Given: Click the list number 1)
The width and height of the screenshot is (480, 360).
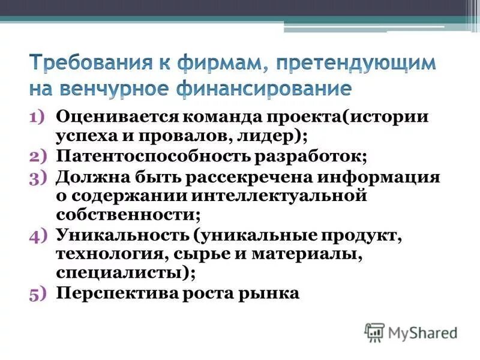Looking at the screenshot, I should coord(40,116).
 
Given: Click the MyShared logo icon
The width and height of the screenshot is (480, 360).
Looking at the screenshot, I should coord(374,332).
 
